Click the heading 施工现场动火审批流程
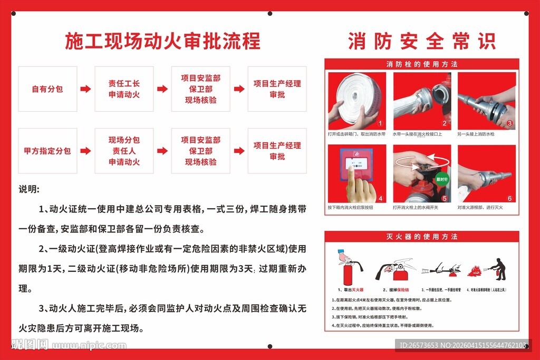[162, 41]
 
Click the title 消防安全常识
[421, 41]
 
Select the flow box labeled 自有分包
[47, 89]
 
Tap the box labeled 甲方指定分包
[47, 151]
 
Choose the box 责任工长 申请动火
[124, 89]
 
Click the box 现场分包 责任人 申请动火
[124, 151]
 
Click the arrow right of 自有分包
[85, 89]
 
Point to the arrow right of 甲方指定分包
[85, 151]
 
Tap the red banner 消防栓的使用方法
[422, 64]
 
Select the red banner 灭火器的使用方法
[422, 237]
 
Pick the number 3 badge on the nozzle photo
[509, 124]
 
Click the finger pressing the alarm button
[361, 187]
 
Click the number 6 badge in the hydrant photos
[509, 198]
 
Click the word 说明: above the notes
[29, 189]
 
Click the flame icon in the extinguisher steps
[475, 271]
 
